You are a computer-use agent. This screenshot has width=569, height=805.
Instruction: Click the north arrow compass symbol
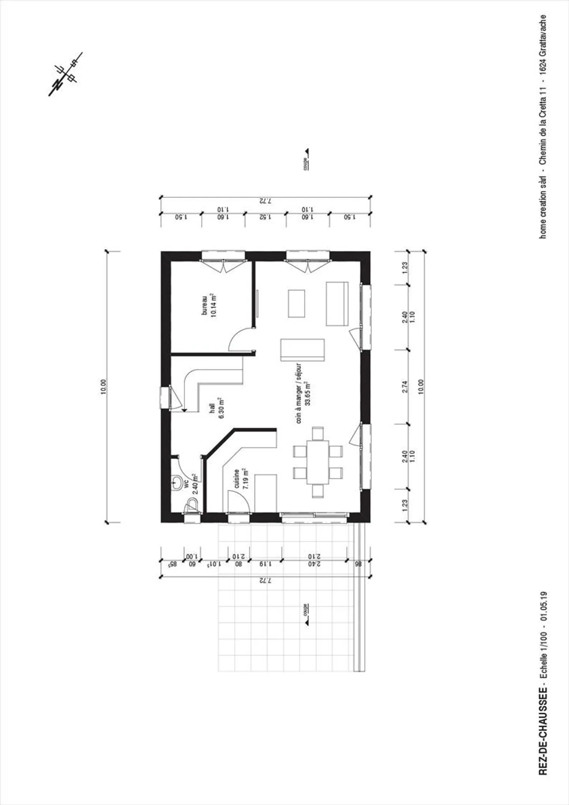pos(65,74)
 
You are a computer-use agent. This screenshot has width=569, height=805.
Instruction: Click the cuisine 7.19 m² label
pos(240,479)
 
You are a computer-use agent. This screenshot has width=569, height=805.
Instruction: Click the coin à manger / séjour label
pos(303,393)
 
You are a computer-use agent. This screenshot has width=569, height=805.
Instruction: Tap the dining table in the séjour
pos(318,462)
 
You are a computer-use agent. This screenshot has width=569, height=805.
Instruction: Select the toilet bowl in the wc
pos(192,505)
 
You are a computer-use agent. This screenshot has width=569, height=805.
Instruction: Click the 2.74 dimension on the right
pos(405,386)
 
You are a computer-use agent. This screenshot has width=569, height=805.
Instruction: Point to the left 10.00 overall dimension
pos(104,386)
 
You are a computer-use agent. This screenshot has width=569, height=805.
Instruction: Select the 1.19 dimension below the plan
pos(265,564)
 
